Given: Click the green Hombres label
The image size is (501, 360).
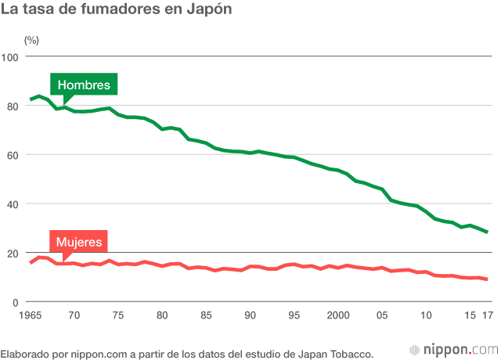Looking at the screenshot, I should pos(85,85).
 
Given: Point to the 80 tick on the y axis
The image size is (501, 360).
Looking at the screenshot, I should pos(13,106).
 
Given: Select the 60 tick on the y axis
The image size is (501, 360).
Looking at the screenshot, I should pos(13,155).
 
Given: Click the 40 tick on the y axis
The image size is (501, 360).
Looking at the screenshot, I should pos(13,203).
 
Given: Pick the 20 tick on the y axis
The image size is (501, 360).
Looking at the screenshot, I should pos(13,253).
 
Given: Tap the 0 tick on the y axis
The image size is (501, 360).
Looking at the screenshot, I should pos(16,302).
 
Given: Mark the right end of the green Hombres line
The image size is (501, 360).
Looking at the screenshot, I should pos(487,232).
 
